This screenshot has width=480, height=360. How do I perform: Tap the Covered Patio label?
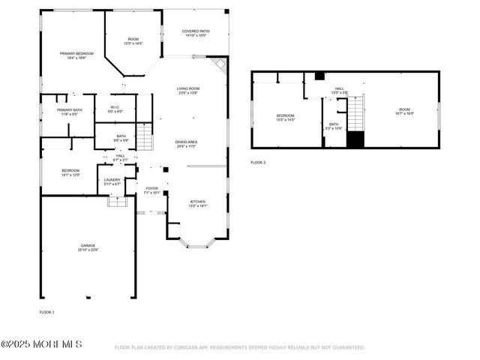pyautogui.click(x=196, y=33)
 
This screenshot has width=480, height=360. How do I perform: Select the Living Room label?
pyautogui.click(x=187, y=91)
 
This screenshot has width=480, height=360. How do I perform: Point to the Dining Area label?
pyautogui.click(x=186, y=144)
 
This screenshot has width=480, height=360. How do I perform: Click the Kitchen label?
pyautogui.click(x=198, y=203)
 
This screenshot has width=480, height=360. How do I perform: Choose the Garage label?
pyautogui.click(x=88, y=247)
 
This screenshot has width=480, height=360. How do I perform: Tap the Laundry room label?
pyautogui.click(x=112, y=181)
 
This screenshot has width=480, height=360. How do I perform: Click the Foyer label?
pyautogui.click(x=152, y=190)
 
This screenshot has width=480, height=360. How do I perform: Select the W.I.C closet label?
pyautogui.click(x=115, y=109)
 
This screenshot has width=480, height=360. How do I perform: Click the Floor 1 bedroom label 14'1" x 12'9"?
pyautogui.click(x=70, y=172)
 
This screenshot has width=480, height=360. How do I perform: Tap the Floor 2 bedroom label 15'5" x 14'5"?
pyautogui.click(x=285, y=117)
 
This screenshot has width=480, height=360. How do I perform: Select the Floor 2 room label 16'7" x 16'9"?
pyautogui.click(x=404, y=112)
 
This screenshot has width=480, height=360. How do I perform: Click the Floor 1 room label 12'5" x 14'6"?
pyautogui.click(x=133, y=42)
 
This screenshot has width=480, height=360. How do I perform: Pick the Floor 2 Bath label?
pyautogui.click(x=334, y=126)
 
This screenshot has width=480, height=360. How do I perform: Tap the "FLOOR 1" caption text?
pyautogui.click(x=47, y=311)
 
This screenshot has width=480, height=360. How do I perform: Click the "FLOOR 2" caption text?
pyautogui.click(x=258, y=162)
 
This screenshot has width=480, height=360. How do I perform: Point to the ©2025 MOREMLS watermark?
pyautogui.click(x=41, y=344)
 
